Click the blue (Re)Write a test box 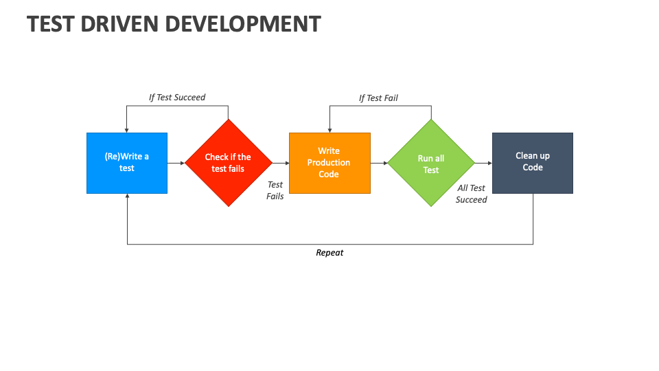[x=127, y=164]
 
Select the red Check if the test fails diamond [x=229, y=163]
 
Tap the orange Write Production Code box [x=330, y=164]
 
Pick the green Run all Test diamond [x=431, y=163]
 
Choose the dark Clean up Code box [x=533, y=164]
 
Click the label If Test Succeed [x=177, y=98]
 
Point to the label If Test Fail [x=378, y=98]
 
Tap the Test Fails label [x=275, y=190]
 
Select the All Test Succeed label [x=471, y=194]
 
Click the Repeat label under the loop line [x=329, y=253]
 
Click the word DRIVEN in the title [x=119, y=24]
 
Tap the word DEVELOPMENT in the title [x=243, y=24]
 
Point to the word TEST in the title [x=50, y=24]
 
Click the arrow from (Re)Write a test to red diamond [x=176, y=164]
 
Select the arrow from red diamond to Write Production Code [x=281, y=164]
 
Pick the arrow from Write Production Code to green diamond [x=379, y=164]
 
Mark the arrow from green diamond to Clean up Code [x=483, y=164]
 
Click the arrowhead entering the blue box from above [x=126, y=131]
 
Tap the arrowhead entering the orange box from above [x=330, y=131]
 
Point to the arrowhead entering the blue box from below [x=128, y=196]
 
